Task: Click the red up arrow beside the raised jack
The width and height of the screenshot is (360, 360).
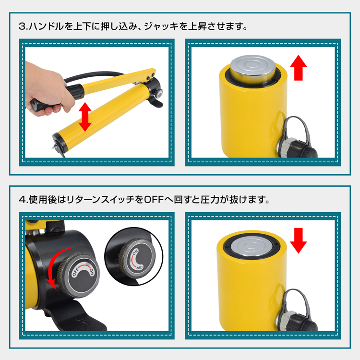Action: point(298,68)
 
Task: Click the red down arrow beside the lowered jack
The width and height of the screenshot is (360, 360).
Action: point(298,240)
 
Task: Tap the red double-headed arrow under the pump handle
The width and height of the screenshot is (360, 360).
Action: point(85,117)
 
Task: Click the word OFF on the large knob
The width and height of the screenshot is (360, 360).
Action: point(76,271)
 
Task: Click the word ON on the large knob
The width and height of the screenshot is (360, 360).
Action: point(92,272)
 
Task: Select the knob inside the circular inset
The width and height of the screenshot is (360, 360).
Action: point(137,257)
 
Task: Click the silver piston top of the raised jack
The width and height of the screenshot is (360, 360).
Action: point(253,67)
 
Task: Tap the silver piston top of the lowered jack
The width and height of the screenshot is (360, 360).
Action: point(252,246)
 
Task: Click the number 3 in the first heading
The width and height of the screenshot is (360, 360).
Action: point(23,26)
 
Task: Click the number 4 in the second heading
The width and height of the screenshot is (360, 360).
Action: point(23,200)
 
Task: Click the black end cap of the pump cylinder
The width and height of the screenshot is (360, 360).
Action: point(59,143)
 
